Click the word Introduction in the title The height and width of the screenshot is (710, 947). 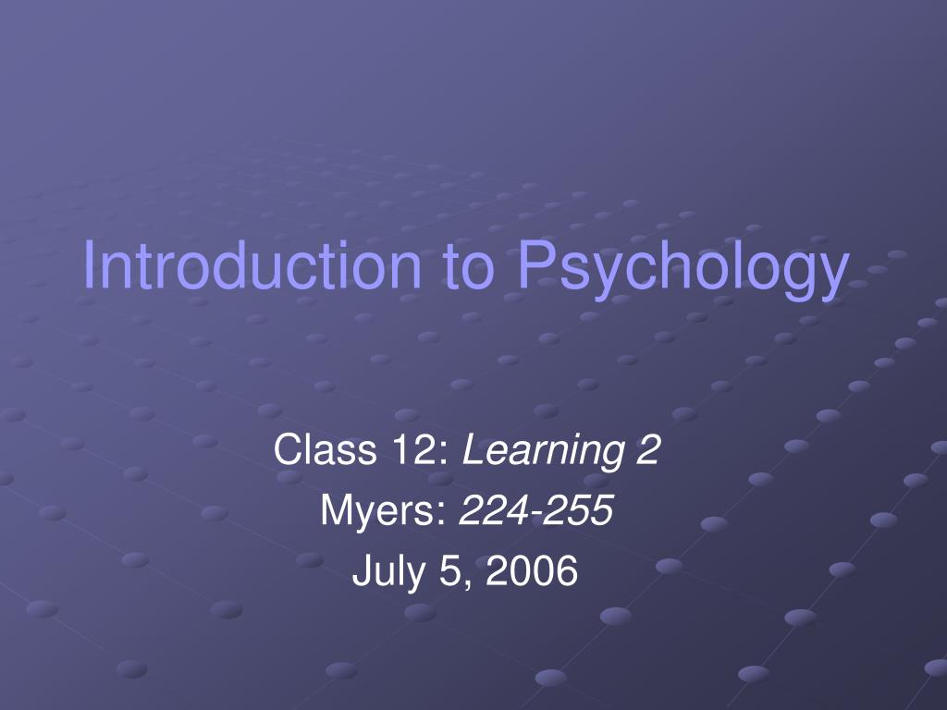(x=252, y=263)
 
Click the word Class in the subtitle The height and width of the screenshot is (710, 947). (x=325, y=448)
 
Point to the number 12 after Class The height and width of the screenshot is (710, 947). (x=413, y=449)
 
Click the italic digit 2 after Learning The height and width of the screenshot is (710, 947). (x=648, y=449)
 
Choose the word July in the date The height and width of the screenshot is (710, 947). (x=389, y=572)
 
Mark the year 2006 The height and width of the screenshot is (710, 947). (x=532, y=570)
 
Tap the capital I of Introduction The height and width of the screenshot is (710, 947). (x=88, y=263)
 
